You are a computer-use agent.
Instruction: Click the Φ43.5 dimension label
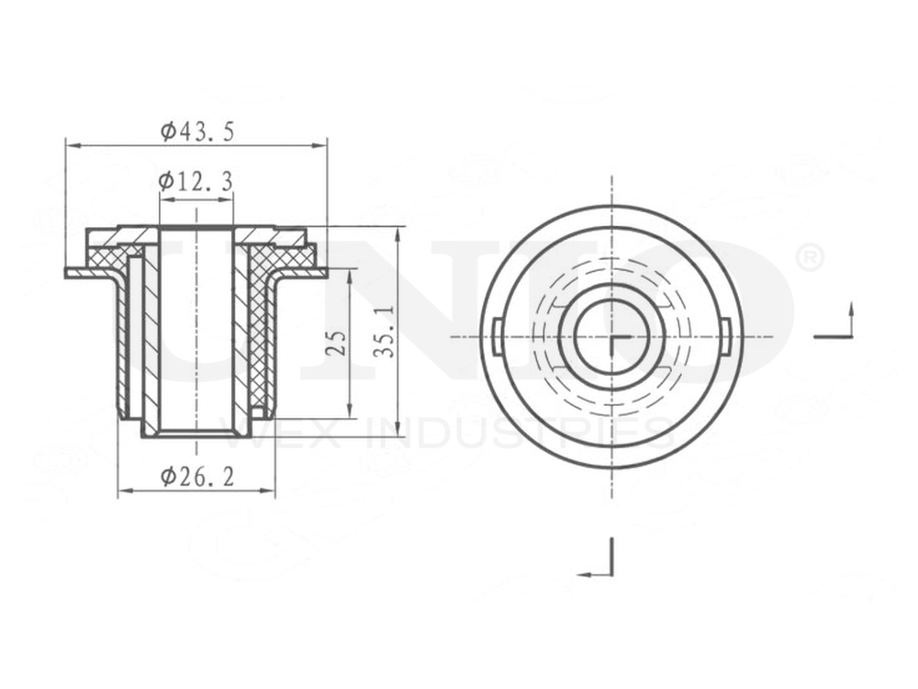pos(197,131)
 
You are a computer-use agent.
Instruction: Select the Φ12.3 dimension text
pos(195,182)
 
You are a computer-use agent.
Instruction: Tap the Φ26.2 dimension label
pos(196,476)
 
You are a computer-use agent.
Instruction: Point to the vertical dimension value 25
pos(336,343)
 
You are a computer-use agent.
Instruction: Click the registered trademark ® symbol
pos(810,259)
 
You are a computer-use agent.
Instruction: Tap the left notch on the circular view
pos(497,336)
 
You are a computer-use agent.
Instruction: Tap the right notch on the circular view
pos(725,336)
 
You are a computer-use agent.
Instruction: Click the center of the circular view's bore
pos(611,336)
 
